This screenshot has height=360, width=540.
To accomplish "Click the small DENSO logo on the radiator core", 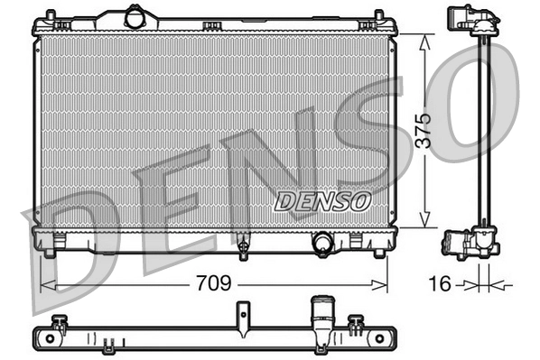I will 321,199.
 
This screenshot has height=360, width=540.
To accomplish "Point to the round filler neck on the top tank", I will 135,17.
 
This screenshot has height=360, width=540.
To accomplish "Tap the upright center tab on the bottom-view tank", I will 242,315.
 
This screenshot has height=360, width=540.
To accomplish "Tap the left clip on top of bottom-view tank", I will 61,321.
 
